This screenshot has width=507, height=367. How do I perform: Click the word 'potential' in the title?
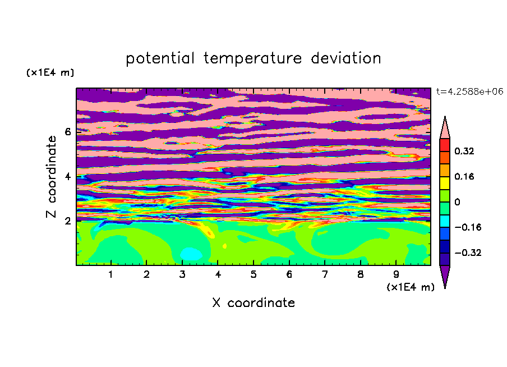point(160,58)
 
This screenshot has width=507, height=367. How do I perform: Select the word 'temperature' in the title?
point(253,58)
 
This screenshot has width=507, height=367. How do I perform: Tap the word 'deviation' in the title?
point(346,58)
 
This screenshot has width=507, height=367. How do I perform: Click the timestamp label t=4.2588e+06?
point(469,91)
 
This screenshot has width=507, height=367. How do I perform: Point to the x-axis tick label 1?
point(111,274)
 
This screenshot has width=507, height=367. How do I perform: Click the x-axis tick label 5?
point(253,274)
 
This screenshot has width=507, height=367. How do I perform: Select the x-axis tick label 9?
point(396,274)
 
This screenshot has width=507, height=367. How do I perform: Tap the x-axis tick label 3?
point(182,274)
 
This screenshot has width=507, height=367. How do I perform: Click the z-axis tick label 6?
point(67,132)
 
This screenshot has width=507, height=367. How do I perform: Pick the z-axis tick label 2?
point(67,221)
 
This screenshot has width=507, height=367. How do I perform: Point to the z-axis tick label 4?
point(67,177)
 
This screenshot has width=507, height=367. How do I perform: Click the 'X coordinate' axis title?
point(253,302)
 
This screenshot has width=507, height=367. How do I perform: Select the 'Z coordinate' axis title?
point(52,177)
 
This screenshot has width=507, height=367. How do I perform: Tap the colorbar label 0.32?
point(464,151)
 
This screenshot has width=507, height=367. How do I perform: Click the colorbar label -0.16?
point(468,227)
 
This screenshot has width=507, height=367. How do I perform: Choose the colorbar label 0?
point(457,202)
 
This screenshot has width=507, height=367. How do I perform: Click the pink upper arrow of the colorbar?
point(445,129)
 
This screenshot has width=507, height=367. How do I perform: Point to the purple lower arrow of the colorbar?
point(445,275)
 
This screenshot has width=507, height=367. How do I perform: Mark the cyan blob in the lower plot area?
point(191,254)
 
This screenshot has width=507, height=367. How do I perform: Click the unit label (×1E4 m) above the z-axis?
point(50,72)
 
